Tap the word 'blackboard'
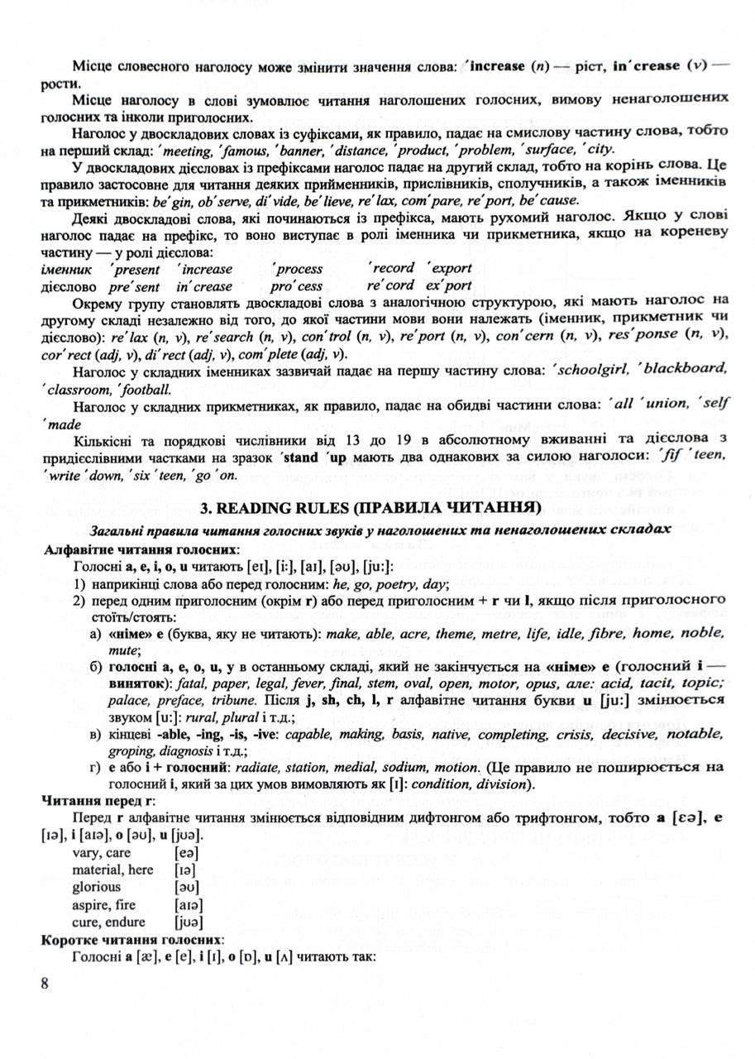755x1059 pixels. tap(691, 368)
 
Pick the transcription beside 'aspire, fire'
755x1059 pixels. tap(189, 903)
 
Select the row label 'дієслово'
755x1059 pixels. tap(66, 285)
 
